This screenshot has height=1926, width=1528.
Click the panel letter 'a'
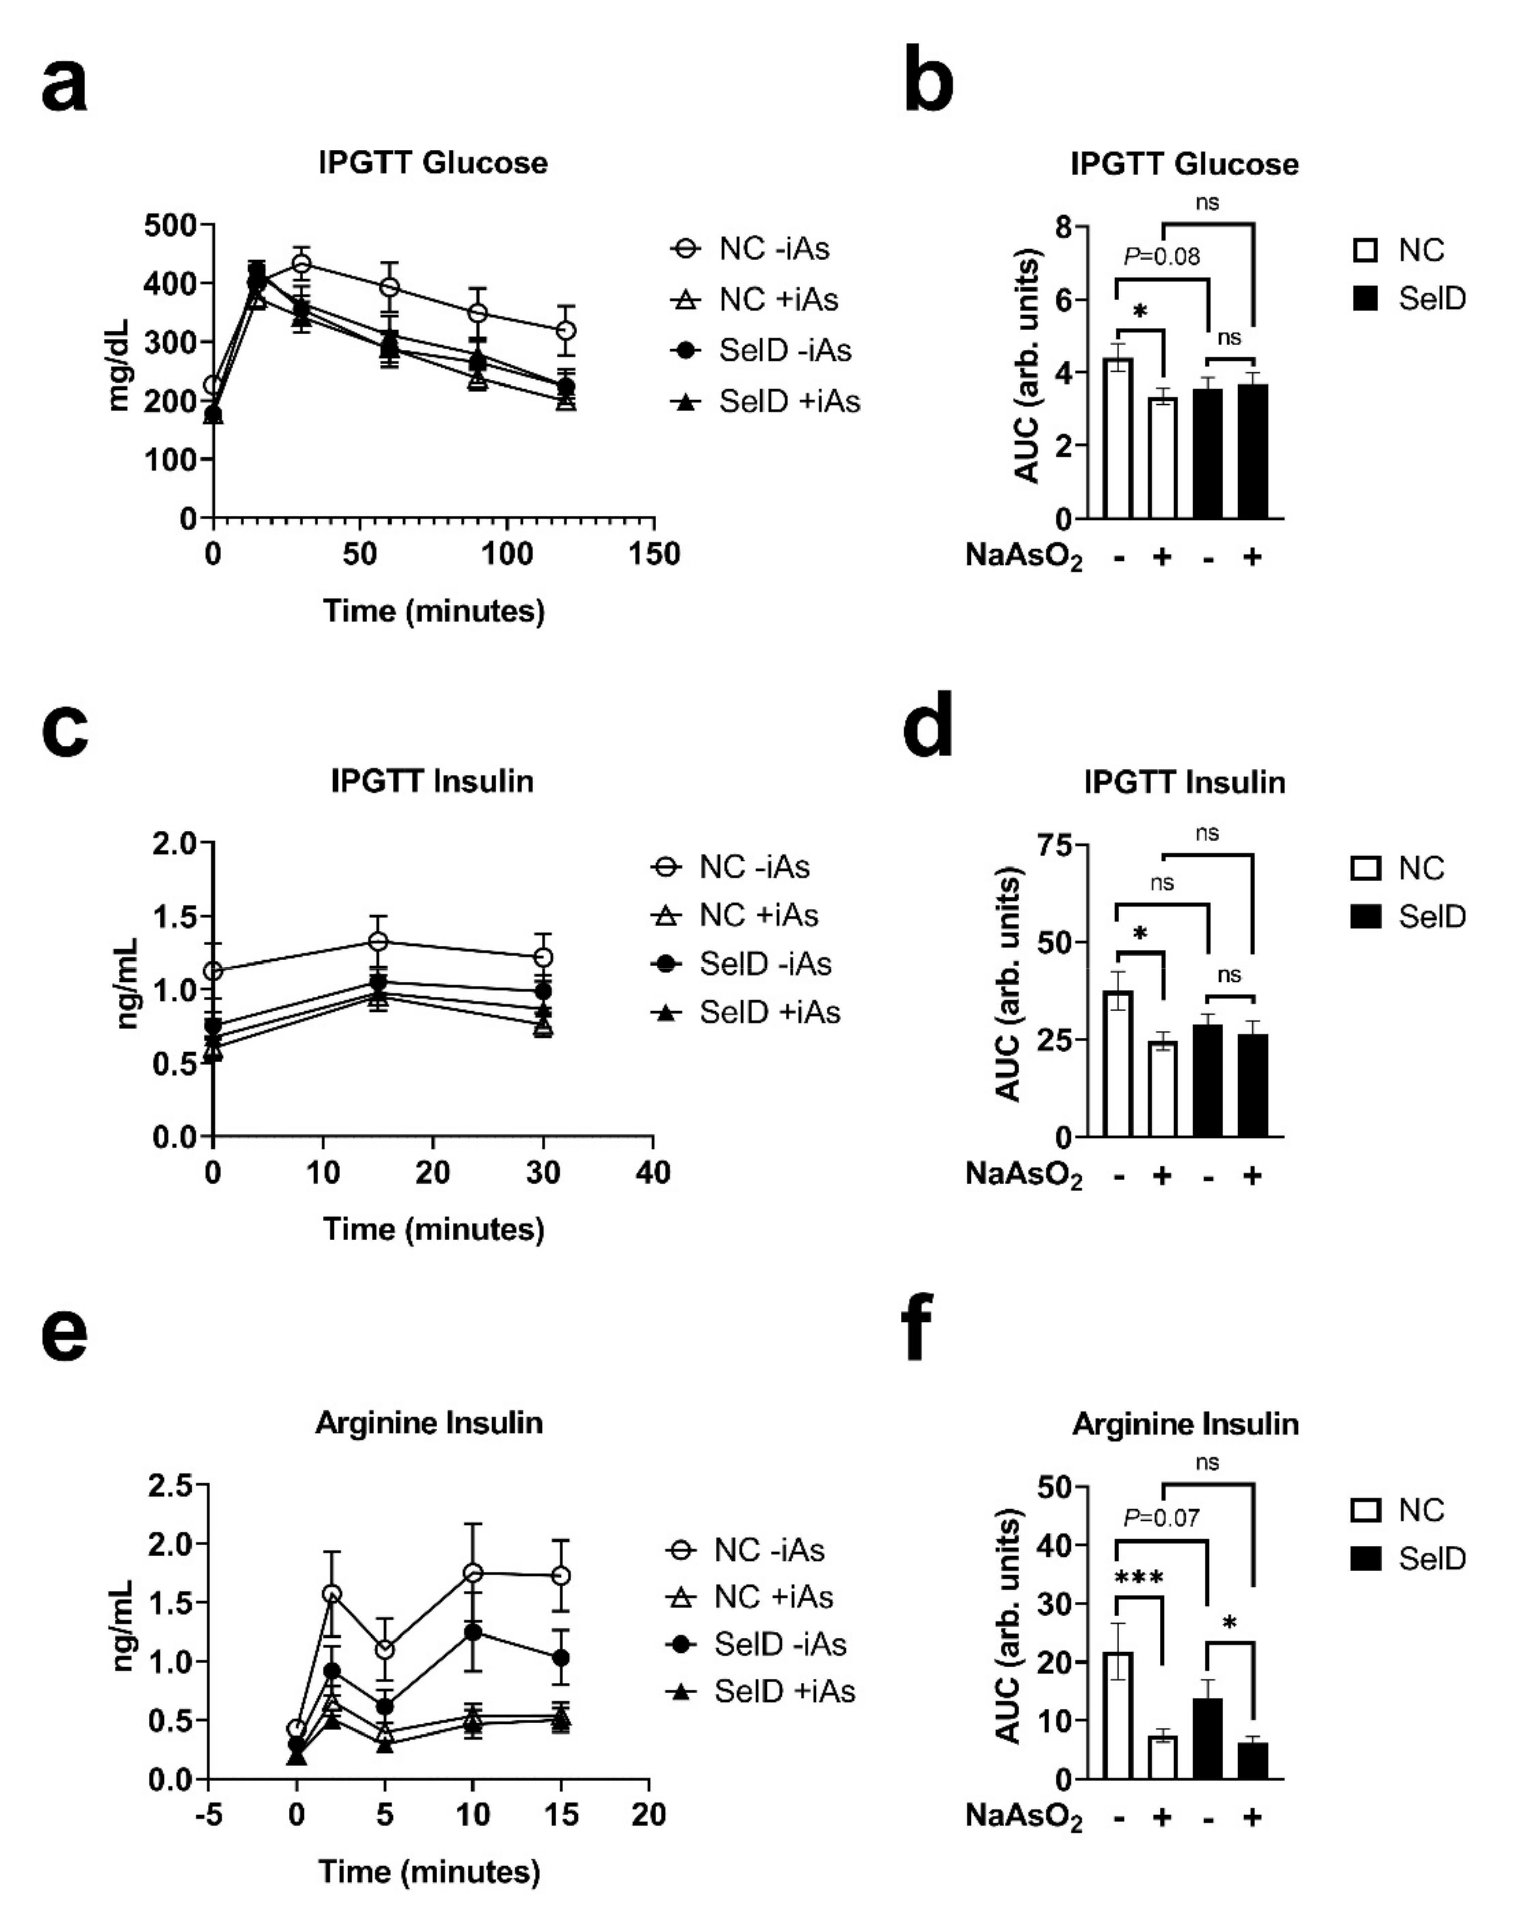(x=64, y=88)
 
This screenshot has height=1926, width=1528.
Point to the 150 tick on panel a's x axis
(x=653, y=555)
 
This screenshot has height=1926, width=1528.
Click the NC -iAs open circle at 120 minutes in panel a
(x=565, y=331)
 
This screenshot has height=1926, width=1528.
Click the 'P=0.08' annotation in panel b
(x=1162, y=257)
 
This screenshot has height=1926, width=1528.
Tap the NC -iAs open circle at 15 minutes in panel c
(x=378, y=941)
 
